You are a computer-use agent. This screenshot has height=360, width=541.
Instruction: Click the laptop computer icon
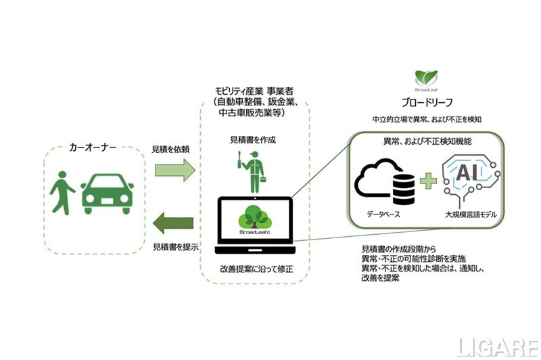(x=255, y=223)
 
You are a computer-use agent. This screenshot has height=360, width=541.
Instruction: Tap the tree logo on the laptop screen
(x=254, y=217)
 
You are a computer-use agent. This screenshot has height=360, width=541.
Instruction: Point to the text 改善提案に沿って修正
(x=254, y=269)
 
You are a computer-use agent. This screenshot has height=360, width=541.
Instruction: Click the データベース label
(x=383, y=214)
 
